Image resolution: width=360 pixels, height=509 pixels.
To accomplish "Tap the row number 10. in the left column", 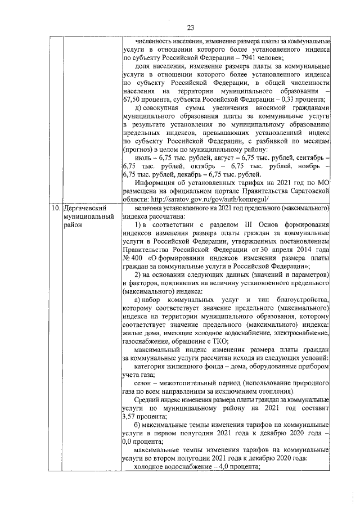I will pyautogui.click(x=54, y=208).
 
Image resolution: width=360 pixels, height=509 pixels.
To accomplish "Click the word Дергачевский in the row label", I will pyautogui.click(x=85, y=208).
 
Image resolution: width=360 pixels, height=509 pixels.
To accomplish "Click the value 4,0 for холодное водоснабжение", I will pyautogui.click(x=215, y=467).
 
